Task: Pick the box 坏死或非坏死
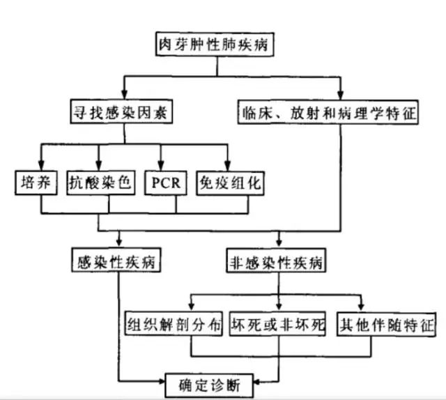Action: click(277, 325)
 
